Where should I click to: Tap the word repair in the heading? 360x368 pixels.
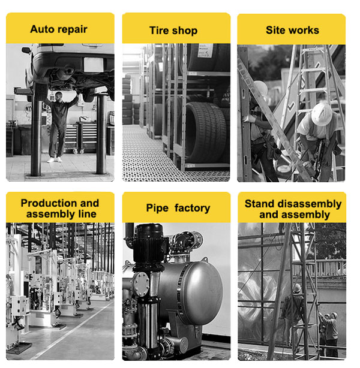(x=73, y=30)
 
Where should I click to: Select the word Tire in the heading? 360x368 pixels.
(x=159, y=31)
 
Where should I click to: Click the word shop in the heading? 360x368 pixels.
(x=185, y=31)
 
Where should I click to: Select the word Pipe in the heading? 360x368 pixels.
(x=157, y=208)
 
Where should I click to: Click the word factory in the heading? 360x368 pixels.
(x=192, y=208)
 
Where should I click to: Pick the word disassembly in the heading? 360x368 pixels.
(x=310, y=204)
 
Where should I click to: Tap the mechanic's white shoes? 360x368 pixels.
(x=55, y=160)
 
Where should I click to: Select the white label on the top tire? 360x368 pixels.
(x=205, y=50)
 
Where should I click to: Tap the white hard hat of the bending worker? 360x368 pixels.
(x=322, y=114)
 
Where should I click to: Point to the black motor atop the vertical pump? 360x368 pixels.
(x=149, y=244)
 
